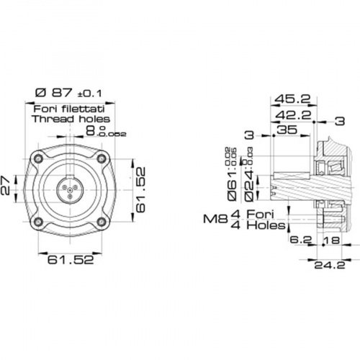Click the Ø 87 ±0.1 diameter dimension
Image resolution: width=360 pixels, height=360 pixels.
[x=68, y=94]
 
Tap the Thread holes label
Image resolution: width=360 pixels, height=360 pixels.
[x=71, y=119]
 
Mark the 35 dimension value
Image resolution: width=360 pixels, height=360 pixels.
[x=287, y=130]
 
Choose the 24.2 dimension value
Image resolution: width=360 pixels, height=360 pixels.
[x=325, y=264]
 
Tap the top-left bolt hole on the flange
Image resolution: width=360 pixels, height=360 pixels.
[x=37, y=158]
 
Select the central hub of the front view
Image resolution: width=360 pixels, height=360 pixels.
[x=69, y=189]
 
